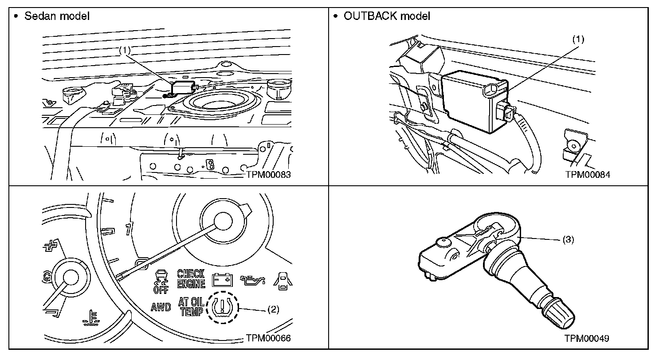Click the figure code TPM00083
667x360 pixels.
pos(268,175)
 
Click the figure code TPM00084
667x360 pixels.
pos(588,175)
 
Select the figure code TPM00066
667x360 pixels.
pos(268,338)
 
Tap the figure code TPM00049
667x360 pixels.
pos(587,338)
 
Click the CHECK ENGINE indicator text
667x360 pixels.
pos(191,278)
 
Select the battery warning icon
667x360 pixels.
pos(223,280)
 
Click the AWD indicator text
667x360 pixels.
pos(161,307)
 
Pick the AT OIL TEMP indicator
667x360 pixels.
pos(191,306)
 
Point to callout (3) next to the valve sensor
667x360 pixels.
pos(568,239)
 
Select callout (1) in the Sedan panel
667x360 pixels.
pos(125,50)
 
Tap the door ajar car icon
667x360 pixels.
pos(282,280)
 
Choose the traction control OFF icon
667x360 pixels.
pos(161,281)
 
